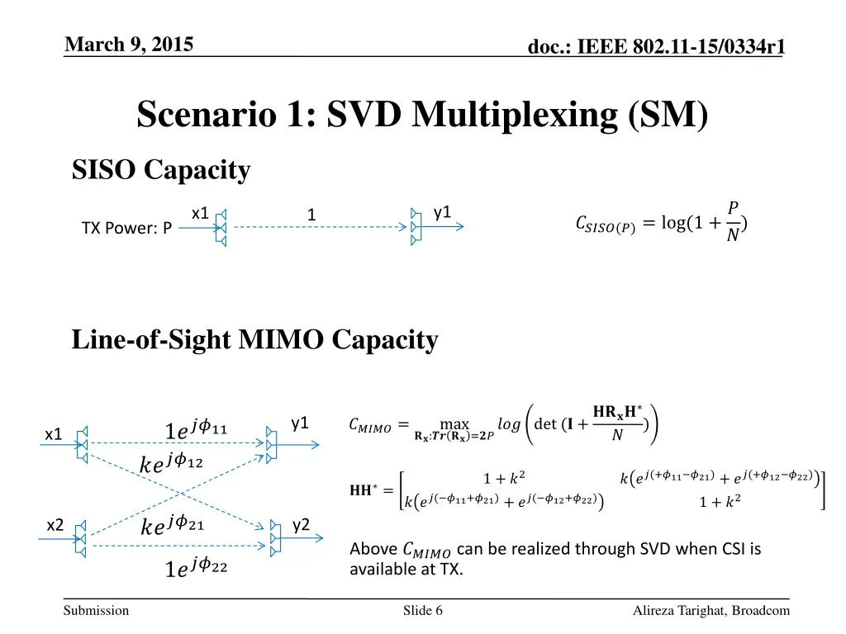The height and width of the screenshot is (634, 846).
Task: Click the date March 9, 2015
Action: pyautogui.click(x=129, y=45)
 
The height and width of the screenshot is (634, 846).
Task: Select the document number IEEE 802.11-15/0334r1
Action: pyautogui.click(x=656, y=49)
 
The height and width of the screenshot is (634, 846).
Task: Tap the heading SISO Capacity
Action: pyautogui.click(x=161, y=170)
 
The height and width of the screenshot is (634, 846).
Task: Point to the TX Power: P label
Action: pyautogui.click(x=126, y=228)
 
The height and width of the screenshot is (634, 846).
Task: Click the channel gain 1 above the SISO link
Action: pyautogui.click(x=311, y=215)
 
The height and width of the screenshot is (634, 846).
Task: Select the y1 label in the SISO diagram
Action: pyautogui.click(x=443, y=212)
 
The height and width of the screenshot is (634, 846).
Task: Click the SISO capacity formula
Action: pyautogui.click(x=661, y=223)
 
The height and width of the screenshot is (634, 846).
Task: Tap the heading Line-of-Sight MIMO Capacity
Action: pyautogui.click(x=254, y=339)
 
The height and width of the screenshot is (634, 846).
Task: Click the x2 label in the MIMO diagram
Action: pyautogui.click(x=55, y=525)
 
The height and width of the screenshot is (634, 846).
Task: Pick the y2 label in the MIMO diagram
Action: pyautogui.click(x=301, y=524)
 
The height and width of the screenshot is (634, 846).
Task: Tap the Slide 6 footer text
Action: pyautogui.click(x=423, y=611)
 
